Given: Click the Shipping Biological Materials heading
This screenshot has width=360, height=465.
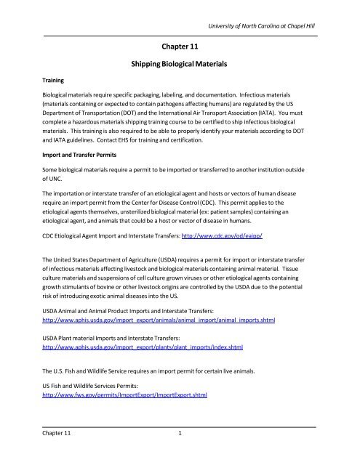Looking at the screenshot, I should [x=180, y=65].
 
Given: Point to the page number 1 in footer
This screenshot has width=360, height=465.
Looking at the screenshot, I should [x=180, y=453].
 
